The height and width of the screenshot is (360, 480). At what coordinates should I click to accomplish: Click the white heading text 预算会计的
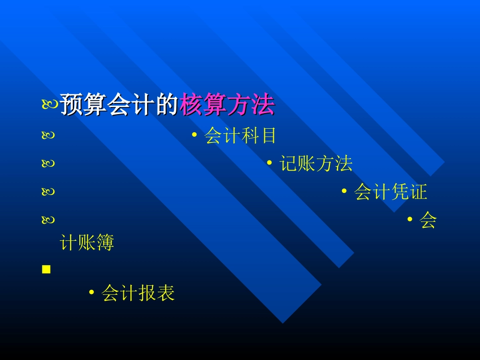pos(119,106)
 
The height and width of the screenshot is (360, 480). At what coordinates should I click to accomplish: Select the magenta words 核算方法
pos(227,106)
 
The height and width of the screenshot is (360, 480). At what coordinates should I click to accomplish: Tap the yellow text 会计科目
pos(241,135)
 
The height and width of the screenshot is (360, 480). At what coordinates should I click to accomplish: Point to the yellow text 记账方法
pos(316,164)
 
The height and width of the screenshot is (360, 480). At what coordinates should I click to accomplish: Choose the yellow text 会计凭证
pos(391,192)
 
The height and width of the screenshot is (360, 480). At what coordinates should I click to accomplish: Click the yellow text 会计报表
pos(138,293)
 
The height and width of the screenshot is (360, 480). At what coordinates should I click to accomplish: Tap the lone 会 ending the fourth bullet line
pos(428,221)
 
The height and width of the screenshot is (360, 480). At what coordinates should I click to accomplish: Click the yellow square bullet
pos(46,270)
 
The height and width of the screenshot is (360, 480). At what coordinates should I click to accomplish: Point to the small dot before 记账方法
pos(270,163)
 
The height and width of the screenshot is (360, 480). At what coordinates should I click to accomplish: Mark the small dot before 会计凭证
pos(345,191)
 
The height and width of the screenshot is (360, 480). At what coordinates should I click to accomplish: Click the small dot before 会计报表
pos(91,292)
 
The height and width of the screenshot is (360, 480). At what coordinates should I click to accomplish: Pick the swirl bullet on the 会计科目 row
pos(49,136)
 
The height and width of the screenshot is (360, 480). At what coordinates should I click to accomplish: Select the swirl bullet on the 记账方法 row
pos(49,164)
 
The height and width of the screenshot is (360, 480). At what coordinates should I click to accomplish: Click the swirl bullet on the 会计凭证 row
pos(49,192)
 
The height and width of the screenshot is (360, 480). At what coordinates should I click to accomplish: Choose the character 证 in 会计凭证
pos(419,192)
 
